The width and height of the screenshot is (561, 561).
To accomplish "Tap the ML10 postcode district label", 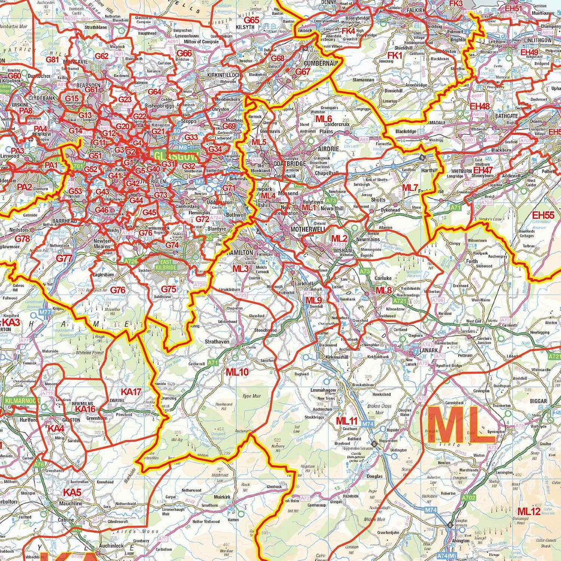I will (237, 372).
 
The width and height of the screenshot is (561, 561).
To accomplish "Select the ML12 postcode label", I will (529, 511).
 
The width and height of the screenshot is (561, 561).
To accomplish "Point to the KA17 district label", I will (131, 392).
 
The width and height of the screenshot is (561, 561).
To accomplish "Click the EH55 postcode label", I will (543, 215).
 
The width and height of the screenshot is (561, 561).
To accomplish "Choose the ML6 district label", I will (323, 119).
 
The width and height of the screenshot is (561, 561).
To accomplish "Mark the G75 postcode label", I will (168, 289).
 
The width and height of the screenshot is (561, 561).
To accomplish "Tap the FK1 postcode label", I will (394, 55).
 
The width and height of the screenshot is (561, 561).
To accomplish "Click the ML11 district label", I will (346, 421).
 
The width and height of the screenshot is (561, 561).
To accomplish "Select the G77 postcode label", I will (64, 258).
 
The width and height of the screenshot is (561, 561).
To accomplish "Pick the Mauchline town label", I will (71, 503).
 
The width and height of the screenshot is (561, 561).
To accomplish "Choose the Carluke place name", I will (383, 278).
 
